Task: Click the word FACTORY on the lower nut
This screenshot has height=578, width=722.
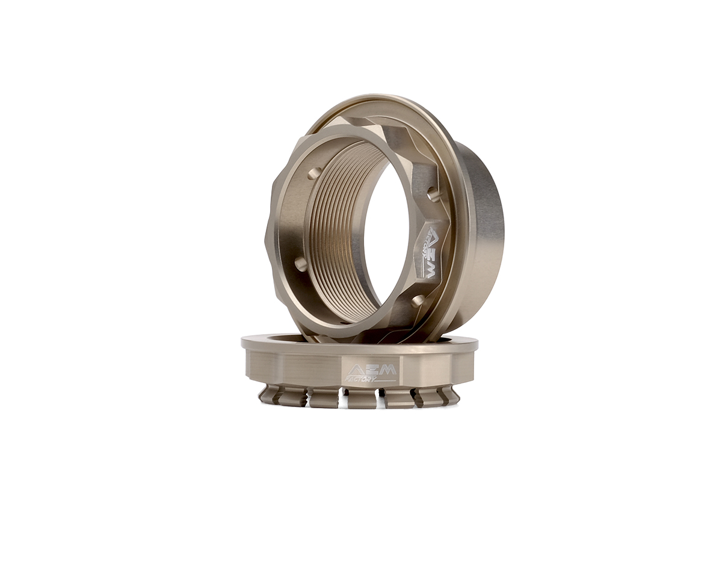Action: [361, 379]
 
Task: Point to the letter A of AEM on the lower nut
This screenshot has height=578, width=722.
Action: [356, 370]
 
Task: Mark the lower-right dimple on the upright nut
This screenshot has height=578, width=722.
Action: [417, 300]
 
